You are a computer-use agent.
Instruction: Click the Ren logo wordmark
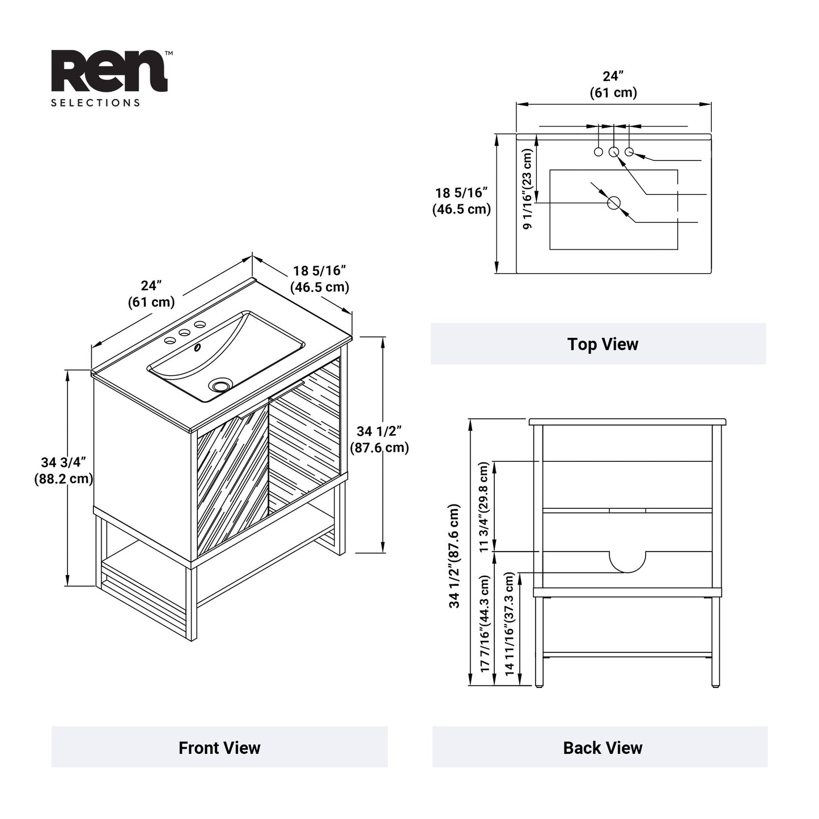click(x=109, y=71)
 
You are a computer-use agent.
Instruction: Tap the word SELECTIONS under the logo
click(x=95, y=103)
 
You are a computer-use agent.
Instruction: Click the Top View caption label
click(x=602, y=344)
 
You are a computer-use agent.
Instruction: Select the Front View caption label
click(x=219, y=748)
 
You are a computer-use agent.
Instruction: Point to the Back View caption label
click(x=602, y=748)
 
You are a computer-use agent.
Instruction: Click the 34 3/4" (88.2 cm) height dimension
click(x=63, y=470)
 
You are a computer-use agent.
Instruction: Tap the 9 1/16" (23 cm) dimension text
click(x=528, y=189)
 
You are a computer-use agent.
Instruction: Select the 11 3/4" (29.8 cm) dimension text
click(x=483, y=507)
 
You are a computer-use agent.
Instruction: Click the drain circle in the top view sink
click(x=614, y=203)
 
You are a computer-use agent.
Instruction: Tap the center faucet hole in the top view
click(x=614, y=152)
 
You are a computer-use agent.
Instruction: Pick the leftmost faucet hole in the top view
click(x=599, y=152)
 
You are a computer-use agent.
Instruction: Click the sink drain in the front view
click(x=220, y=386)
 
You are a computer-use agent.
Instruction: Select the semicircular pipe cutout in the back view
click(x=627, y=561)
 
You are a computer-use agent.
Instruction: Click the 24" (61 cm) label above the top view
click(x=613, y=84)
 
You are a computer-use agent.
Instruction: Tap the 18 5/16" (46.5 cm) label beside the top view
click(x=461, y=201)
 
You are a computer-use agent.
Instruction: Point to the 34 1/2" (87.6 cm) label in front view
click(x=379, y=439)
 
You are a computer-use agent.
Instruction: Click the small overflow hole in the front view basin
click(x=197, y=347)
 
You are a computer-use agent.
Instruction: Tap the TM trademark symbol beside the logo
click(x=169, y=53)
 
